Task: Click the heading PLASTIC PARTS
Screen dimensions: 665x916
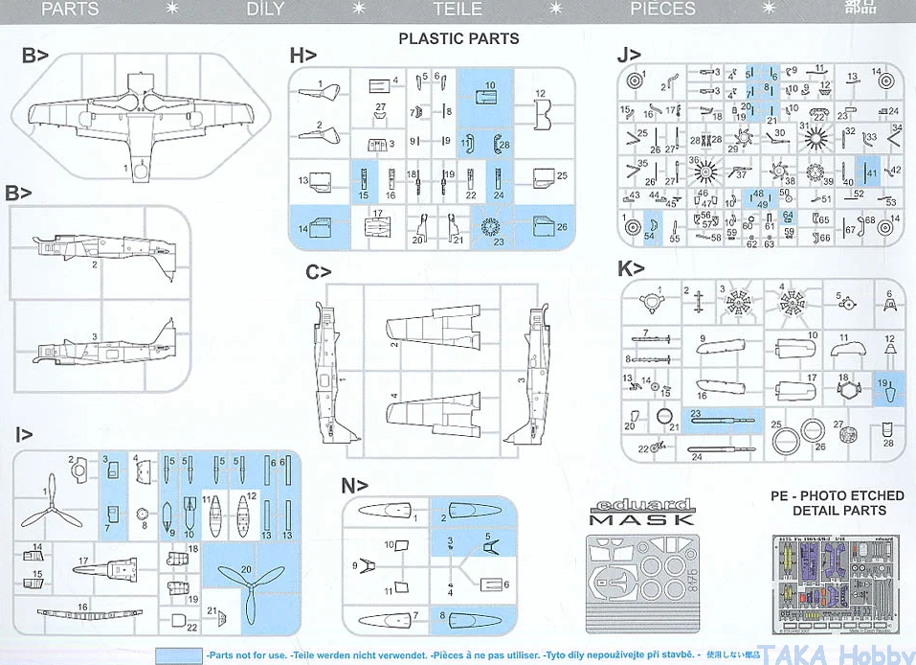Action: click(458, 38)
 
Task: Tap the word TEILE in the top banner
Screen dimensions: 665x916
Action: click(458, 9)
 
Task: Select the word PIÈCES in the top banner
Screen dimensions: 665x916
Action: click(662, 9)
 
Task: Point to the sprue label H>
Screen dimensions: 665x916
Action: click(302, 57)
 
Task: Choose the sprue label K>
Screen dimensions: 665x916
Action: click(631, 268)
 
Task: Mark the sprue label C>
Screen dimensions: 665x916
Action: click(319, 272)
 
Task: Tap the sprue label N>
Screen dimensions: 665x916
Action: click(355, 486)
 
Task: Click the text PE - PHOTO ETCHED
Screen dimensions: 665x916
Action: click(838, 495)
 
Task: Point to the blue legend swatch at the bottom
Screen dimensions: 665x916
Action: click(178, 654)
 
